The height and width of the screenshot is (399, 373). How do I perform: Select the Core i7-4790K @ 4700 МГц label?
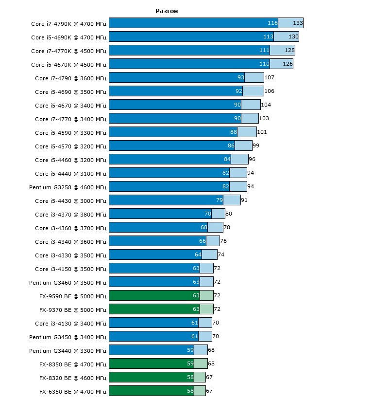[68, 23]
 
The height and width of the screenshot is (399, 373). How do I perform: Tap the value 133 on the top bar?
[298, 23]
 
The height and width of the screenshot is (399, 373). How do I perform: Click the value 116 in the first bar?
[272, 23]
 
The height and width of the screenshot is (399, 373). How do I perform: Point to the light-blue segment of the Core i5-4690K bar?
[286, 37]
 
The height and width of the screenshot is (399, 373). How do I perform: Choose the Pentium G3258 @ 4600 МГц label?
[68, 187]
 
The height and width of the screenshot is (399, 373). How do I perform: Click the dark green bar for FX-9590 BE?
[151, 296]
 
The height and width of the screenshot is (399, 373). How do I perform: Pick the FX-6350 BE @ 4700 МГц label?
[73, 391]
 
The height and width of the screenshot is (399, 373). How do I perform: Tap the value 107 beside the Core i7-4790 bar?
[270, 78]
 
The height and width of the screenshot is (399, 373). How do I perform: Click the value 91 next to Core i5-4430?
[244, 200]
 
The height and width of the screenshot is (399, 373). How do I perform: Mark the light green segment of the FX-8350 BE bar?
[201, 364]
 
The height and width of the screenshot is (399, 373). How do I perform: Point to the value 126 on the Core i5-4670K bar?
[287, 64]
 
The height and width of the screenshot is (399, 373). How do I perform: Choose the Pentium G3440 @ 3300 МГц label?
[68, 350]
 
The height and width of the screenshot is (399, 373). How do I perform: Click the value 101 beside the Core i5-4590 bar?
[262, 132]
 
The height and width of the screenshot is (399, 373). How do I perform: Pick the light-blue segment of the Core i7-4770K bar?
[282, 51]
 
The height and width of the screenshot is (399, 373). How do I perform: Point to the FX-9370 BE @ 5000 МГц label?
[73, 309]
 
